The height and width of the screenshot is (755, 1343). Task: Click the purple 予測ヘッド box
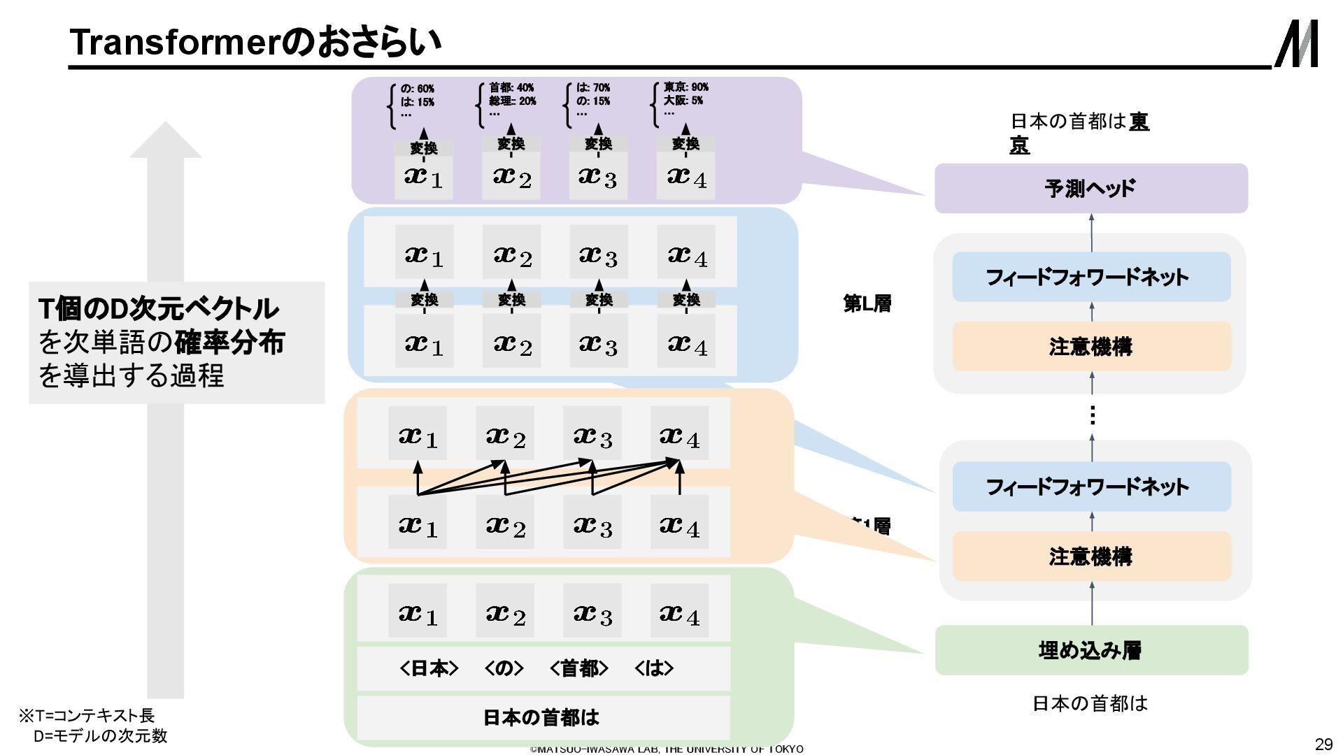coord(1090,188)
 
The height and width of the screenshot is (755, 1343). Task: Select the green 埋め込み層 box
coord(1090,650)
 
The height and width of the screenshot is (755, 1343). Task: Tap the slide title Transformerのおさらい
coord(256,41)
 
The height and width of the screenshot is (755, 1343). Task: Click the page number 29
coord(1323,744)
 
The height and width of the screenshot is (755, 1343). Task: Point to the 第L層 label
coord(867,303)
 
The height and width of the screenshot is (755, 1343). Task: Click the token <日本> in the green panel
coord(429,668)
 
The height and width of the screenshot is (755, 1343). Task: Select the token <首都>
coord(579,668)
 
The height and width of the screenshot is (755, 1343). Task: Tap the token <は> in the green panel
coord(654,668)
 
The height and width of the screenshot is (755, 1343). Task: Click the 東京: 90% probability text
coord(685,87)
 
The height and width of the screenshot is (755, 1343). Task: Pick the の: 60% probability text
coord(417,89)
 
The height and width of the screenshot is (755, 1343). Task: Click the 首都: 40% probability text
coord(511,87)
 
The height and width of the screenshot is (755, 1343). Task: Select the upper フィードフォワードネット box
coord(1090,277)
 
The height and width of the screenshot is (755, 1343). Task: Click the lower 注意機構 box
coord(1090,556)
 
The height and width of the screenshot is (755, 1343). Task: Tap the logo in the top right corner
coord(1296,43)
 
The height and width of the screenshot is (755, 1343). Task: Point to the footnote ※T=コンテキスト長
coord(87,715)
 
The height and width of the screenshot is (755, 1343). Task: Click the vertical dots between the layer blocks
coord(1092,415)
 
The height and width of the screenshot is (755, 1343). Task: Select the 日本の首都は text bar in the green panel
coord(542,717)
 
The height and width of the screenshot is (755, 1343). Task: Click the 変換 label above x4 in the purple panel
coord(685,143)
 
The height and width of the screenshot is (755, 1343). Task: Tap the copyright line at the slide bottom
coord(667,749)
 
